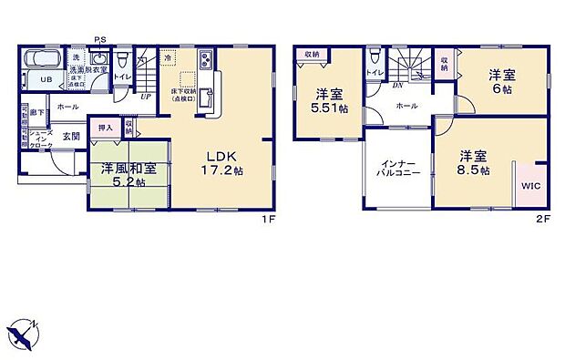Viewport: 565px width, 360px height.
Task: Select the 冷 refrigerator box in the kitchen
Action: (x=168, y=57)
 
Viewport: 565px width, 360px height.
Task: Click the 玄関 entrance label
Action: (x=71, y=136)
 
